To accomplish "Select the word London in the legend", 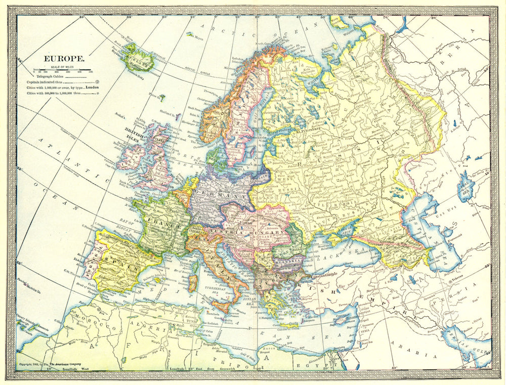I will (x=93, y=87).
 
